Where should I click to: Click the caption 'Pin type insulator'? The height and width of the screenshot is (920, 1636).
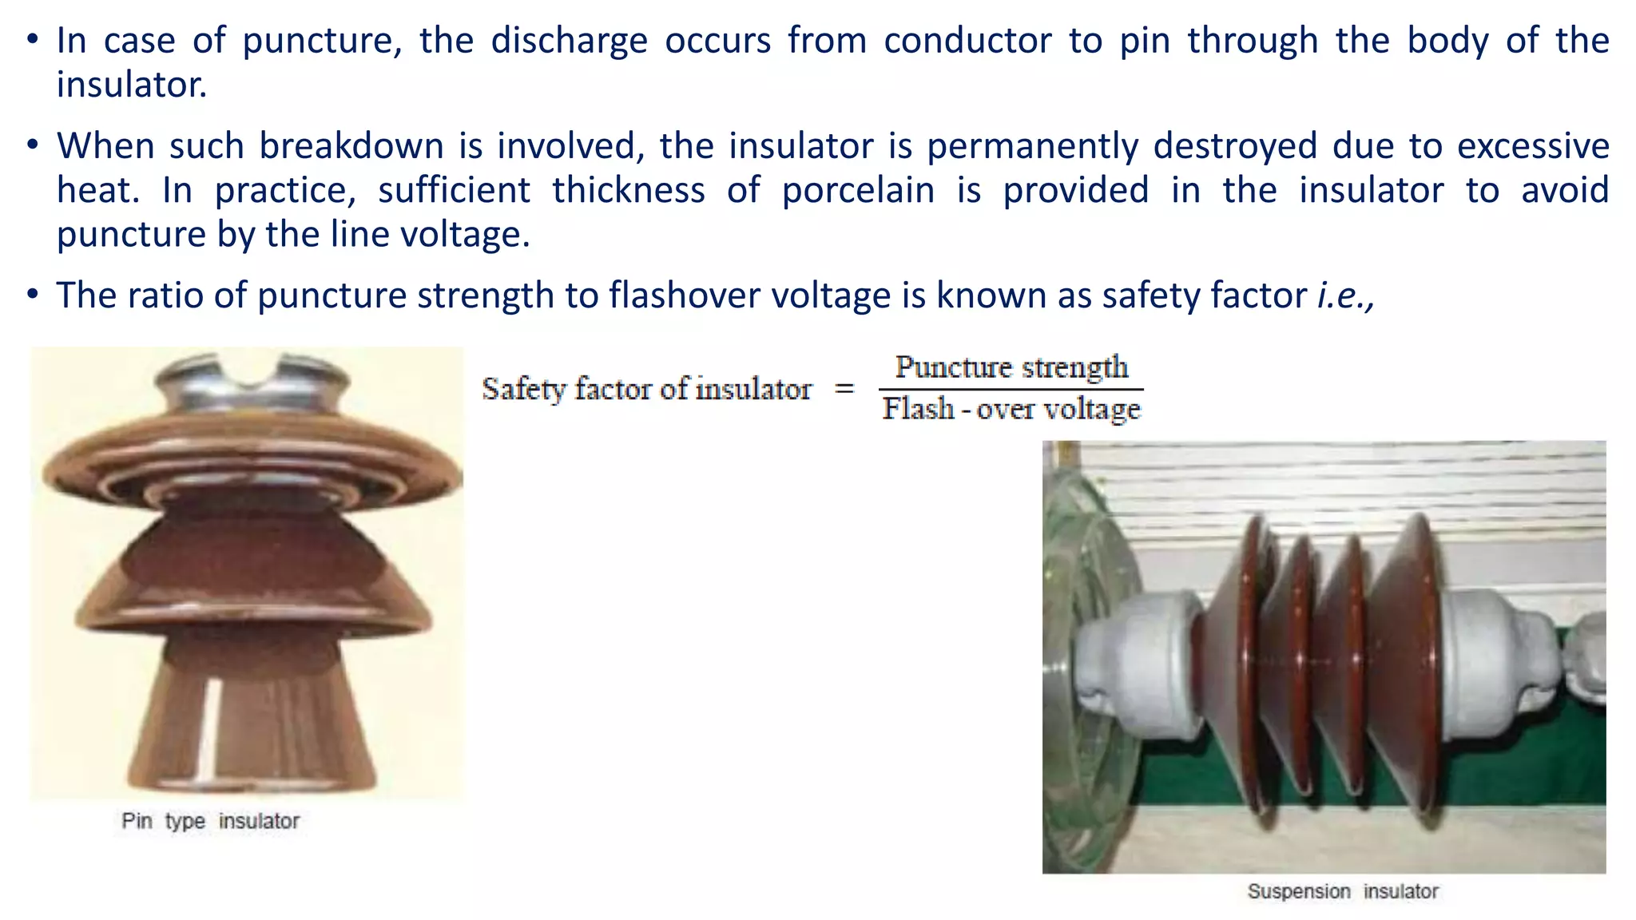click(210, 821)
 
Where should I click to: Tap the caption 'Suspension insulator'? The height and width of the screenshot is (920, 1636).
click(1343, 891)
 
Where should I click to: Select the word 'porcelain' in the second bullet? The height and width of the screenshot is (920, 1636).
click(858, 191)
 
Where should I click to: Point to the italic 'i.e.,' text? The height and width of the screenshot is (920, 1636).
click(1345, 295)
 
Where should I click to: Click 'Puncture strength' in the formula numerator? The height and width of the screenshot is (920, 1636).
click(1011, 367)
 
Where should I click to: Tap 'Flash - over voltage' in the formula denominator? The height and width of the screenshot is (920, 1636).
click(1011, 409)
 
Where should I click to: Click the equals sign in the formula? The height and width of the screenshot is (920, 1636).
click(844, 390)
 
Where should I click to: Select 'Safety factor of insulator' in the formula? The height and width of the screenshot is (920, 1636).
click(646, 390)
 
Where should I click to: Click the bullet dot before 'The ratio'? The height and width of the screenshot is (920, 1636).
click(32, 295)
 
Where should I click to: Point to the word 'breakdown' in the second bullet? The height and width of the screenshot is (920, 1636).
click(351, 146)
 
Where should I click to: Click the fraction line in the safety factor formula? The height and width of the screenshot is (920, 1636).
click(1011, 390)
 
